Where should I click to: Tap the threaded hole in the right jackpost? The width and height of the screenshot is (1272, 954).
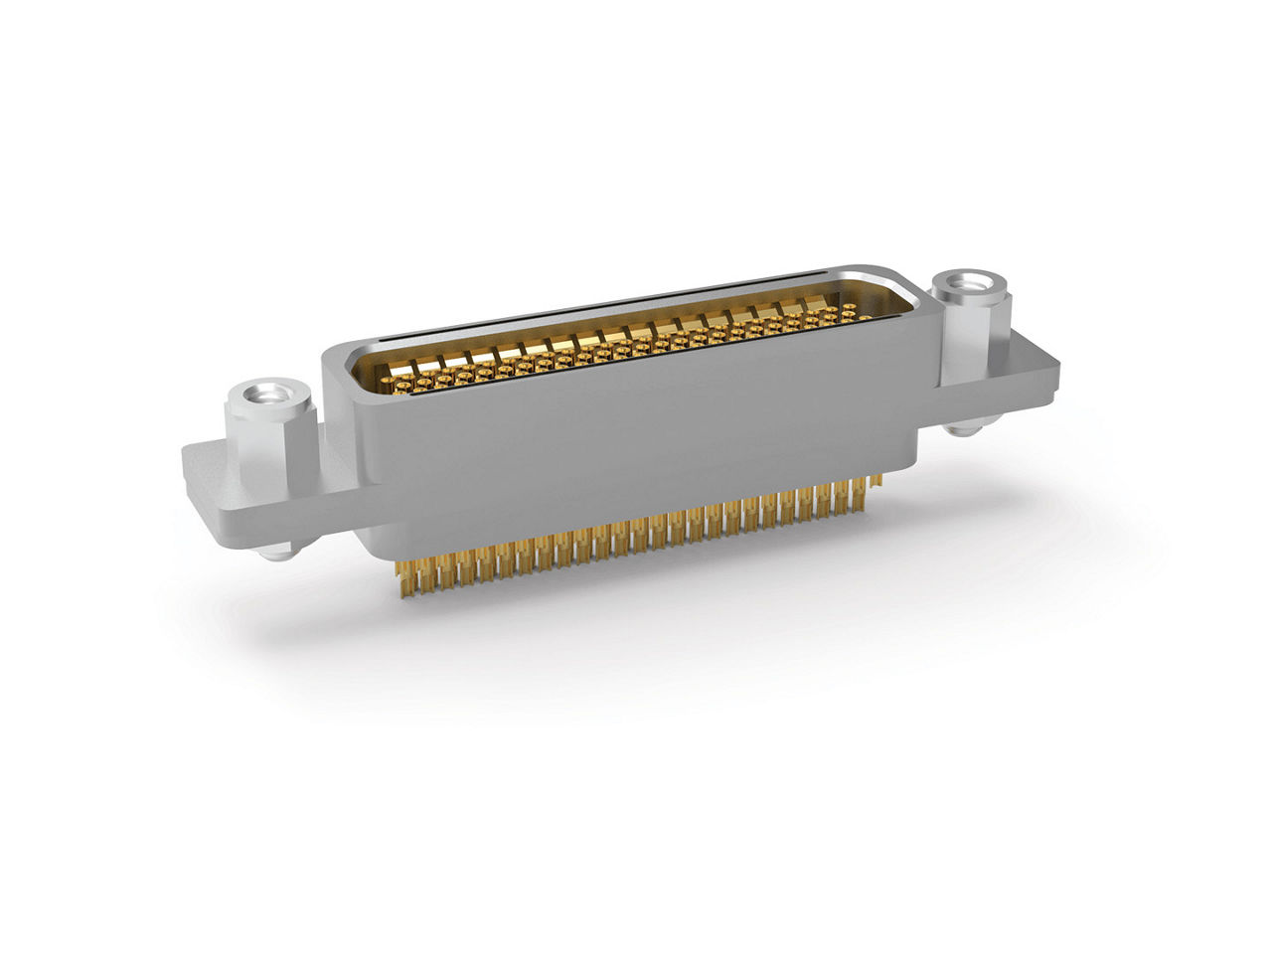(x=969, y=283)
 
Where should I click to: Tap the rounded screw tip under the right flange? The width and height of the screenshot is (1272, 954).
(x=960, y=429)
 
